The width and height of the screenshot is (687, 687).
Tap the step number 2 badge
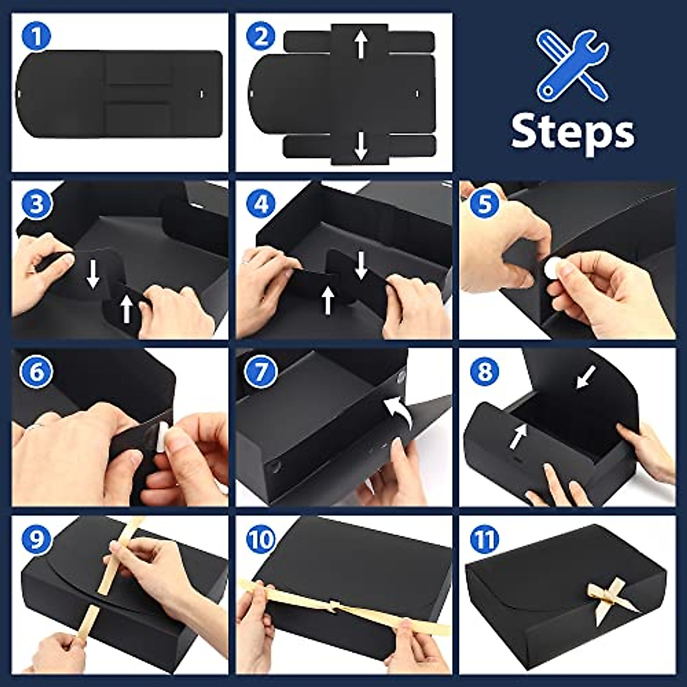tap(260, 37)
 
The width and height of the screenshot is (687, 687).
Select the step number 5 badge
tap(484, 204)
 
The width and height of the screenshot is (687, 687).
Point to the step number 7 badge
tap(260, 372)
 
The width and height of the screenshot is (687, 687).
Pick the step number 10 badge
tap(260, 539)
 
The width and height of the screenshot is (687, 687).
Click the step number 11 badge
tap(484, 539)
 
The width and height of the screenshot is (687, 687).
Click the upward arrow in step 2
tap(361, 45)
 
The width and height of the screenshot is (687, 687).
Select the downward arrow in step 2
tap(361, 146)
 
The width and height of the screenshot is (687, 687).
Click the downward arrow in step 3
tap(93, 274)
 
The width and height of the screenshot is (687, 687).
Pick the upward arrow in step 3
tap(126, 309)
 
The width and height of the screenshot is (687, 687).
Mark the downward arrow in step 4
tap(361, 265)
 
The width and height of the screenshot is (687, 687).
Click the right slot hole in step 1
tap(202, 93)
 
